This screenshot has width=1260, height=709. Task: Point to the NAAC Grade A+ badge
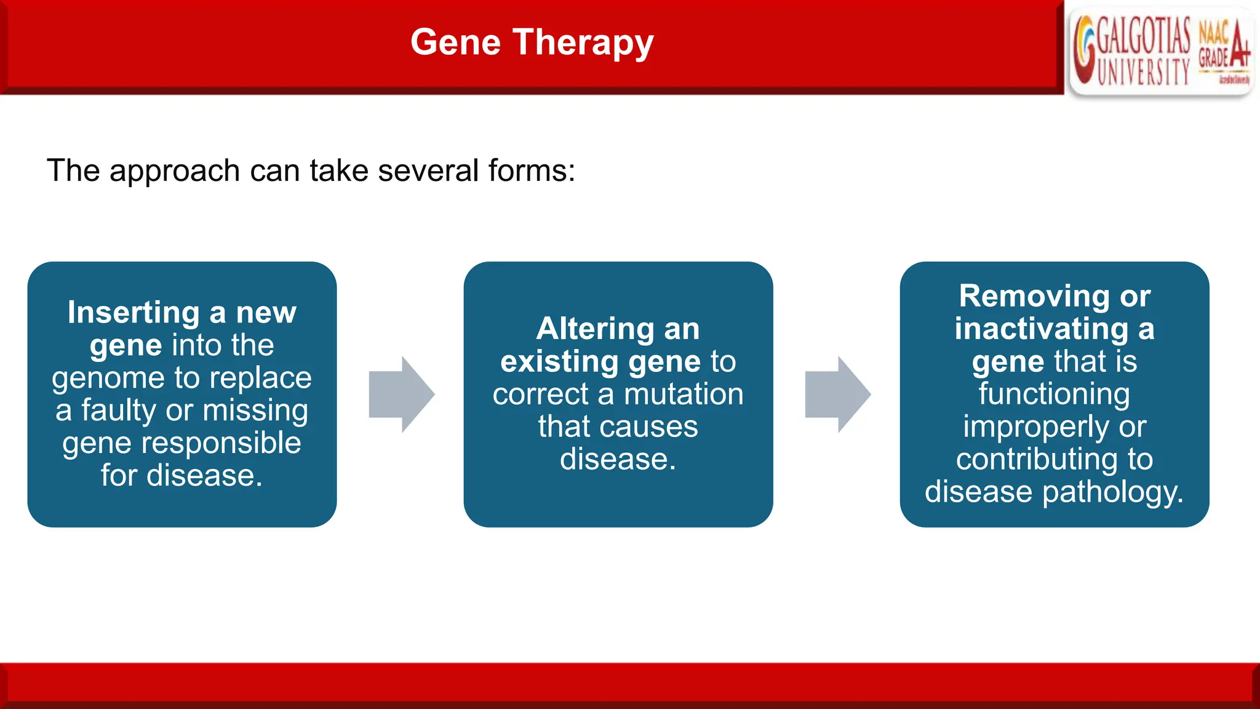[x=1224, y=49]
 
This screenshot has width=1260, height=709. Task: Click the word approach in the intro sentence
[x=174, y=171]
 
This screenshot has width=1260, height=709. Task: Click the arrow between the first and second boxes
[x=402, y=394]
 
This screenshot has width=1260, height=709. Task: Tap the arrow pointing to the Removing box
[x=838, y=394]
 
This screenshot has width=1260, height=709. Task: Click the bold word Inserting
[x=134, y=313]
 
